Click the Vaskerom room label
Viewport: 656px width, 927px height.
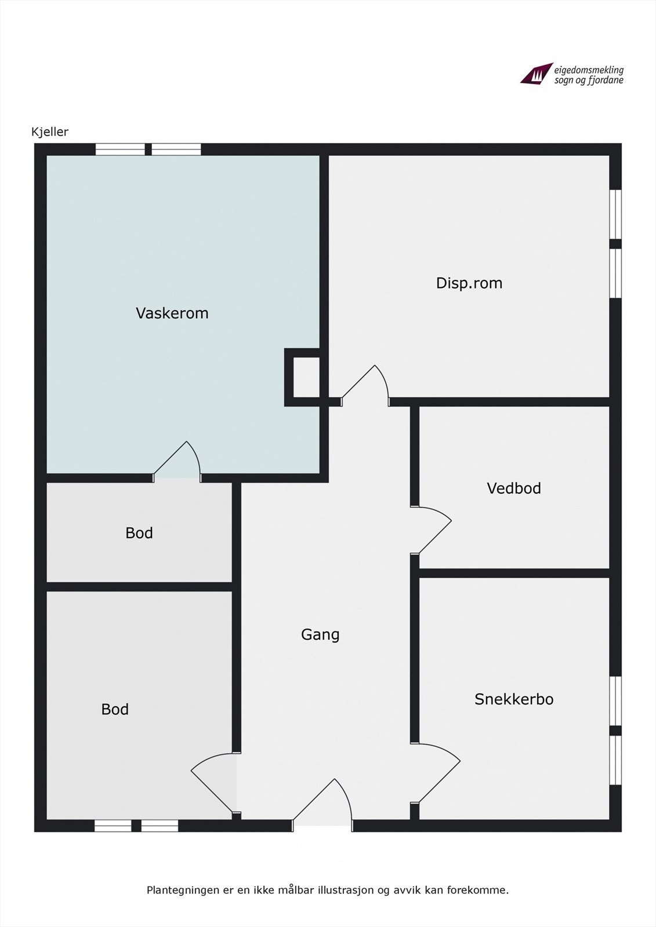tap(172, 313)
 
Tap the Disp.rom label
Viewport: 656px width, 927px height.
tap(469, 283)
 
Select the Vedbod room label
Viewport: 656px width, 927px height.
tap(513, 488)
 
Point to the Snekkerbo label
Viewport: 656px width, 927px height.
tap(513, 699)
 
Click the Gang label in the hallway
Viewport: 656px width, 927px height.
tap(320, 634)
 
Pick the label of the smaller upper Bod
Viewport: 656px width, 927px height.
tap(139, 533)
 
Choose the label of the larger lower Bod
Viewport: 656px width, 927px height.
tap(114, 709)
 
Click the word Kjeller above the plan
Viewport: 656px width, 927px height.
tap(50, 132)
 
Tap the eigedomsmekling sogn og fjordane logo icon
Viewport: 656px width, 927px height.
tap(535, 74)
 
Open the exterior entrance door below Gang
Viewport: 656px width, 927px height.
tap(322, 802)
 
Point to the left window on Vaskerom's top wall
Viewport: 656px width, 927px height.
tap(120, 149)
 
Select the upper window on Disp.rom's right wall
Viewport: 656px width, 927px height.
tap(616, 214)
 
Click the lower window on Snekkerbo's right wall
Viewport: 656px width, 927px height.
tap(616, 760)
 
